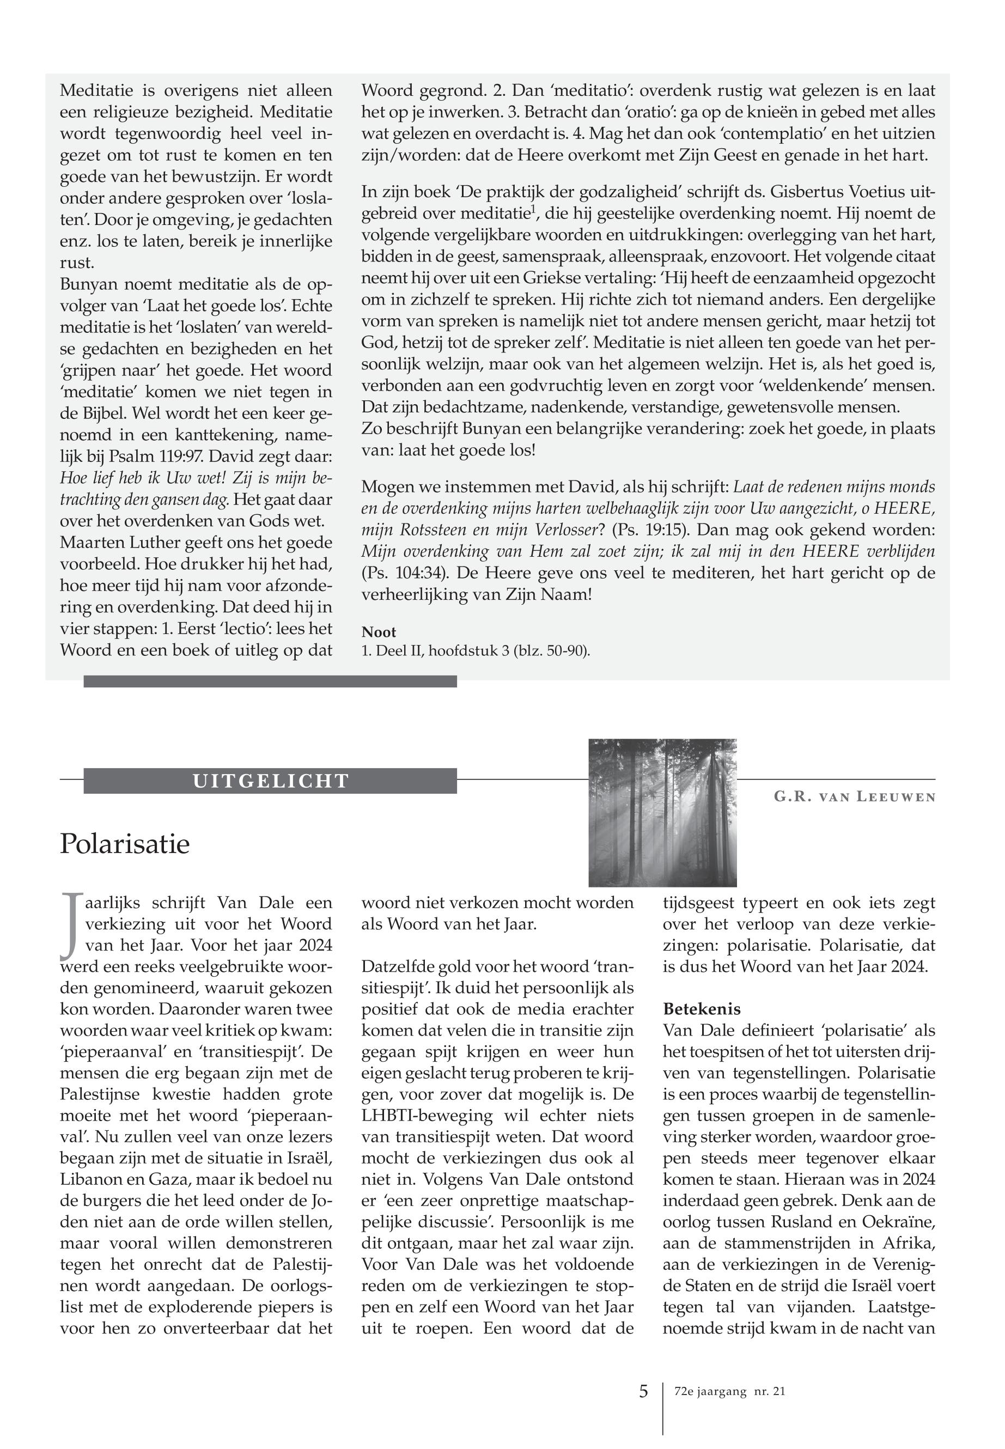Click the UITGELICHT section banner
(270, 781)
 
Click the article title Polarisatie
(125, 844)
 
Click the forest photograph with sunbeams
(662, 812)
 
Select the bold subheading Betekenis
(702, 1009)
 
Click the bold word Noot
(379, 632)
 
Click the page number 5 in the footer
(643, 1391)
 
